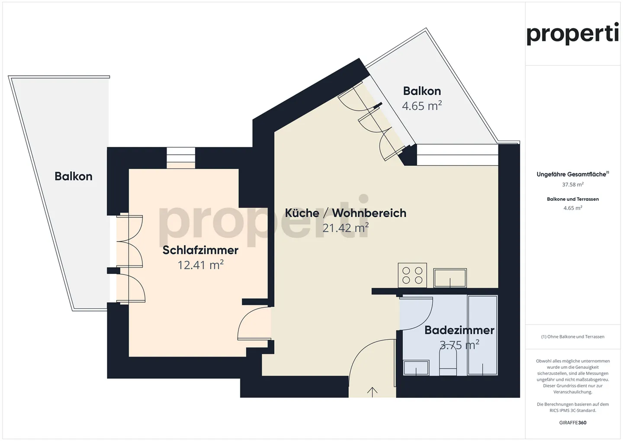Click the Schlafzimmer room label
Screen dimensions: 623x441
(200, 250)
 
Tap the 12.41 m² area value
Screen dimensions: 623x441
(200, 264)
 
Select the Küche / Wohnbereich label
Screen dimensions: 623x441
(345, 213)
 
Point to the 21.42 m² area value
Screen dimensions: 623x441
(345, 228)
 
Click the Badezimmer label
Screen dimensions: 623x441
(459, 330)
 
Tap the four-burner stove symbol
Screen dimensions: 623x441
(412, 275)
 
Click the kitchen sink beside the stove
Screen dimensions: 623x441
(450, 278)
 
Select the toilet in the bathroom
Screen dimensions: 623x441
(448, 362)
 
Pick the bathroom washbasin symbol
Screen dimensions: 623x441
(416, 367)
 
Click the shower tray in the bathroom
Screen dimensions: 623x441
(482, 335)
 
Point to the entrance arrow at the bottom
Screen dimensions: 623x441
(372, 392)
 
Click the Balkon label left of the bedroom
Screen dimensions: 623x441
(74, 177)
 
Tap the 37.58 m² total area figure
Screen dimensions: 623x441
(573, 184)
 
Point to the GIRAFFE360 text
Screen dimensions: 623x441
(573, 423)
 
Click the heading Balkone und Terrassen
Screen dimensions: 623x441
(573, 199)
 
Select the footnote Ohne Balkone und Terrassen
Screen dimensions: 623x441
(573, 337)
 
